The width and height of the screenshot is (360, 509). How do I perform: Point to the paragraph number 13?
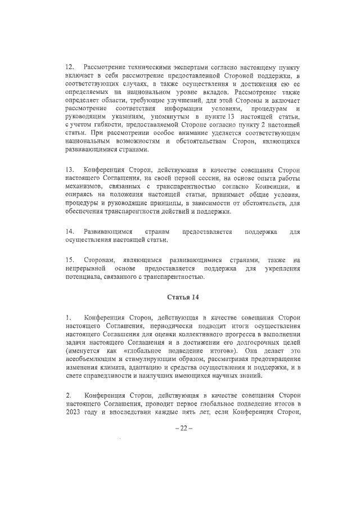pos(70,169)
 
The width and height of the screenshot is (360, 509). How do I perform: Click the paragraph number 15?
pos(70,260)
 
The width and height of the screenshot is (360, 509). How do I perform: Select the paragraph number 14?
pos(70,232)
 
